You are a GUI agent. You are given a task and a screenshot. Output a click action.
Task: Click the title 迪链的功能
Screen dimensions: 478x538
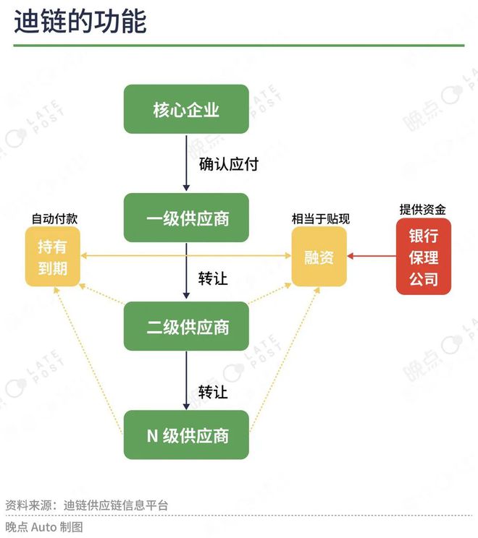pyautogui.click(x=80, y=21)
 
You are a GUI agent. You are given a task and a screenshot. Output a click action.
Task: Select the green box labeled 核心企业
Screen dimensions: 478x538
pyautogui.click(x=186, y=109)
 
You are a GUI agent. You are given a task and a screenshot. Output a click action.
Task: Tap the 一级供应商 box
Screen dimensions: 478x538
pyautogui.click(x=186, y=218)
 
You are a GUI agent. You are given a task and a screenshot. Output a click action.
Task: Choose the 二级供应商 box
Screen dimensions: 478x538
pyautogui.click(x=186, y=326)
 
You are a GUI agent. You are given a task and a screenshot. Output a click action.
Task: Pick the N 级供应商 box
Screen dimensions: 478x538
pyautogui.click(x=186, y=435)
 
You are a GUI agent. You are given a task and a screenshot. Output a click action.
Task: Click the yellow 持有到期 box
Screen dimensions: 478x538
pyautogui.click(x=53, y=257)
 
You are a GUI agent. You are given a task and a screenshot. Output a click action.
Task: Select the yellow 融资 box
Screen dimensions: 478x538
pyautogui.click(x=319, y=257)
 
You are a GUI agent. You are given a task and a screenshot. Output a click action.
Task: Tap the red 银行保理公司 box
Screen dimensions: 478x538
pyautogui.click(x=424, y=257)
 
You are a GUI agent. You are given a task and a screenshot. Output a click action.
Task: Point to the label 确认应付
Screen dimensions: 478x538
pyautogui.click(x=229, y=164)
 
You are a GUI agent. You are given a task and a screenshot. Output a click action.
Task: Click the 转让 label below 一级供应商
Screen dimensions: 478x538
pyautogui.click(x=213, y=278)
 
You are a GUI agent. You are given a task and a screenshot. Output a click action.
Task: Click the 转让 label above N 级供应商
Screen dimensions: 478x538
pyautogui.click(x=213, y=392)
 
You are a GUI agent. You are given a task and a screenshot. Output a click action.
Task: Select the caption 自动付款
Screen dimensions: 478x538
pyautogui.click(x=54, y=218)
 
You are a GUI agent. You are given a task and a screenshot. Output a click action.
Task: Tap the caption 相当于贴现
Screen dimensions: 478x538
pyautogui.click(x=321, y=218)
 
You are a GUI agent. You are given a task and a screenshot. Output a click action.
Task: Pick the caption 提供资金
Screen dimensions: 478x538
pyautogui.click(x=423, y=209)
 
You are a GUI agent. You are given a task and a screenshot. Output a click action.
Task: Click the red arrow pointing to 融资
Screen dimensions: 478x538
pyautogui.click(x=372, y=256)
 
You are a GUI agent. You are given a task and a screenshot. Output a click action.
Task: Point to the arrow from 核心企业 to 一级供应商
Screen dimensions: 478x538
pyautogui.click(x=186, y=163)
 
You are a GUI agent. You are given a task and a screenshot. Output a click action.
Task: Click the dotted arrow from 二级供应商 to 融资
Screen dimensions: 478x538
pyautogui.click(x=270, y=294)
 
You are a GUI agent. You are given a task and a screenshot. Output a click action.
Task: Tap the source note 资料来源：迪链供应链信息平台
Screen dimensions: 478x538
pyautogui.click(x=87, y=505)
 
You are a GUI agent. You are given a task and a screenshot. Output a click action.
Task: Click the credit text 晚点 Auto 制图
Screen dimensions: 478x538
pyautogui.click(x=44, y=526)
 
